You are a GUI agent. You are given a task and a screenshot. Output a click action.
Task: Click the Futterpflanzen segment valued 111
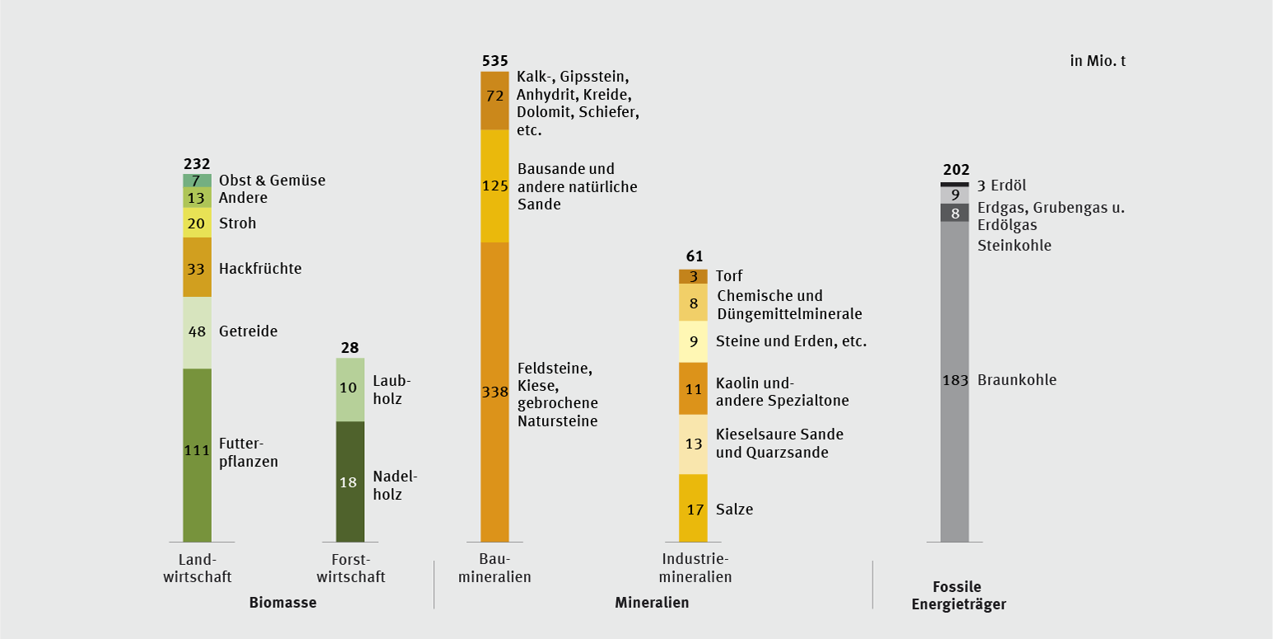(x=197, y=454)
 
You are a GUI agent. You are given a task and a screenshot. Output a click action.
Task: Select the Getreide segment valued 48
(x=197, y=332)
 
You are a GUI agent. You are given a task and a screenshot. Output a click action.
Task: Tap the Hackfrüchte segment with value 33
(x=197, y=267)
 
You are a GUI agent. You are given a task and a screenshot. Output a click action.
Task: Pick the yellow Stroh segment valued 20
(x=197, y=223)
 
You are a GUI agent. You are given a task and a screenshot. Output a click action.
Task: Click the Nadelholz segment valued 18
(x=349, y=482)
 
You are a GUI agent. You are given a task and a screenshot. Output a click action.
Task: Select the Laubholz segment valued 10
(x=349, y=389)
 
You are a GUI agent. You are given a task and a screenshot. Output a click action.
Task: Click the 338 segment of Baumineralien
(x=494, y=392)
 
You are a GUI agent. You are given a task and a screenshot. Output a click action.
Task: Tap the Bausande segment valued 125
(x=494, y=186)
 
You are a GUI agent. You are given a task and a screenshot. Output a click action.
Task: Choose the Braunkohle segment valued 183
(x=954, y=381)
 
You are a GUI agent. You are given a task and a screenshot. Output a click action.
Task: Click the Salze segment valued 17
(x=693, y=508)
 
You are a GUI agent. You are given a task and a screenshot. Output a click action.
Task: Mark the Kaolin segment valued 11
(x=693, y=388)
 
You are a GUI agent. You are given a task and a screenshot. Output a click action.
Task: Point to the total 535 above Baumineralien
(x=494, y=61)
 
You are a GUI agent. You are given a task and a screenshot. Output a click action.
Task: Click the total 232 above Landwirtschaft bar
(x=197, y=163)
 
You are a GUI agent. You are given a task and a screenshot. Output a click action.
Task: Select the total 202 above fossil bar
(x=956, y=171)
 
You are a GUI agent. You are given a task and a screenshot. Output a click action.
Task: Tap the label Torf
(x=729, y=276)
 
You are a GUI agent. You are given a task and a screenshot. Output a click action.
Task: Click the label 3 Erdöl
(x=1002, y=185)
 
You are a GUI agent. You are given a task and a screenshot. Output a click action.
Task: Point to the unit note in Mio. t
(x=1097, y=60)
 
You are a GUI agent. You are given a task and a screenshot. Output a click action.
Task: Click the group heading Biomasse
(x=283, y=603)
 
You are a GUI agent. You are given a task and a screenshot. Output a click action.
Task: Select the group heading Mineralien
(x=652, y=603)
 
